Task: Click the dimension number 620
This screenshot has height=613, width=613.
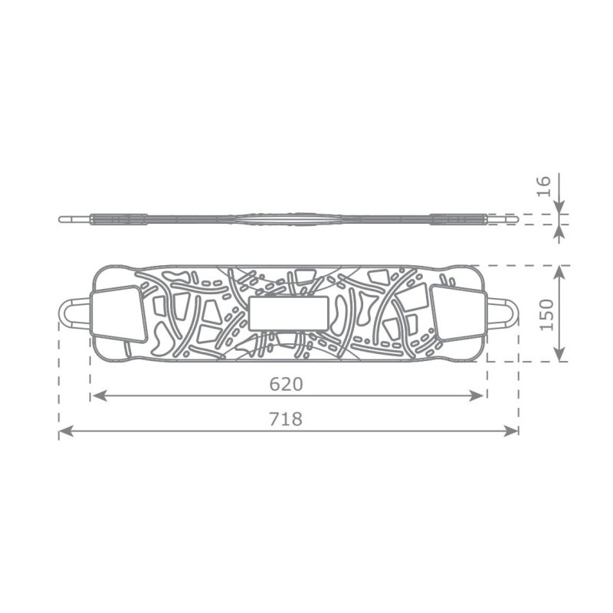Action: point(286,384)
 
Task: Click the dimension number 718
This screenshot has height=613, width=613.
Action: point(286,419)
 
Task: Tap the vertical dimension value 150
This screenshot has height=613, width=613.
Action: point(545,313)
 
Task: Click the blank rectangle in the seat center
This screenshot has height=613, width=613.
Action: point(289,313)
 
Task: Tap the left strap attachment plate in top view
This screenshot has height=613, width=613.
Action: point(118,313)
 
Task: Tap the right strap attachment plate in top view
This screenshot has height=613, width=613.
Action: point(458,313)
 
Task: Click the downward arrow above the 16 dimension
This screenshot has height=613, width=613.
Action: point(560,207)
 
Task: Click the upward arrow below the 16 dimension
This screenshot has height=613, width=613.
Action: point(560,231)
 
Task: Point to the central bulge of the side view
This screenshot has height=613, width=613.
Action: point(289,218)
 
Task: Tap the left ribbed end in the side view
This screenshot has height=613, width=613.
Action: point(119,219)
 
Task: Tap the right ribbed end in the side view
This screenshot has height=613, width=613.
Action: point(457,219)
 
